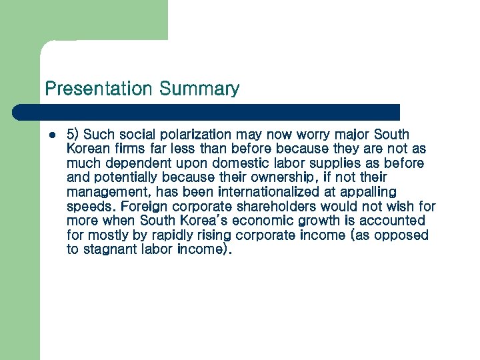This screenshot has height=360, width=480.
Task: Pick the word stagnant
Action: click(114, 249)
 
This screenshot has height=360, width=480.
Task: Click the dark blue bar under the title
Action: click(207, 112)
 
